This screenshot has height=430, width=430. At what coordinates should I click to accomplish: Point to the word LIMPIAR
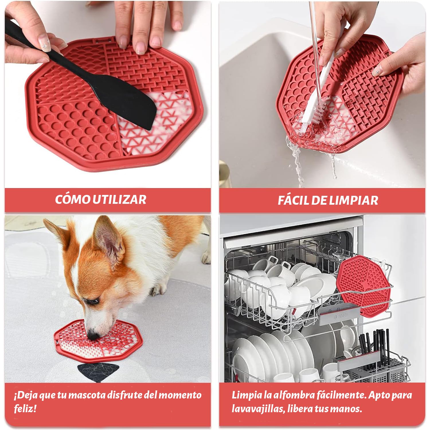pos(353,200)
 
